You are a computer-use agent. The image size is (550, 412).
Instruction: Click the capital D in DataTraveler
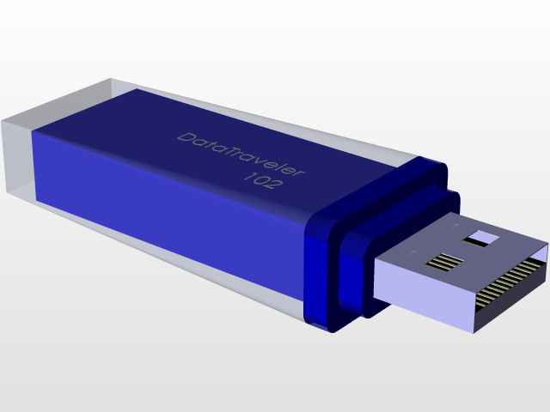click(x=185, y=137)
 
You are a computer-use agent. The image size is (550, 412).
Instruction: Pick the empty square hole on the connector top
click(x=481, y=238)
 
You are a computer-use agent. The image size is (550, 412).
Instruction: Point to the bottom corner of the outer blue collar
click(x=331, y=331)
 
